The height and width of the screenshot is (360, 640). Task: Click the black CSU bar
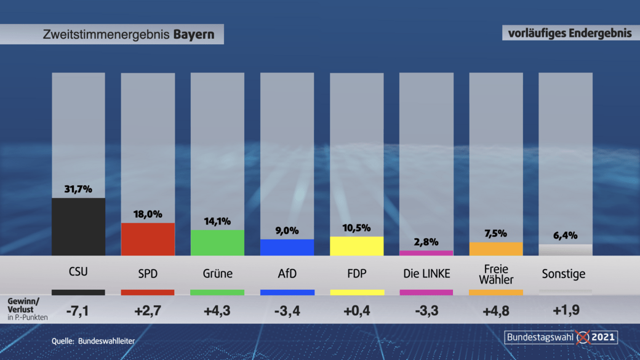coord(78,226)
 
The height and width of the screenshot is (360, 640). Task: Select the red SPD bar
coord(148,239)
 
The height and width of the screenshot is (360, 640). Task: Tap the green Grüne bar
coord(217,242)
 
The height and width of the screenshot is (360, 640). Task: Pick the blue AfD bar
coord(287,247)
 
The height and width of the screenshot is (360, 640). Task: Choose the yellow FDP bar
coord(356,246)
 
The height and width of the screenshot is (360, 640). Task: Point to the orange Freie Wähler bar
coord(495,249)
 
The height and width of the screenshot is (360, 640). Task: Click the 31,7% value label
coord(78,189)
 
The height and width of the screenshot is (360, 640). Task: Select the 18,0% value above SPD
coord(148,214)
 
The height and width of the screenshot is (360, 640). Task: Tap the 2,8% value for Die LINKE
coord(426,242)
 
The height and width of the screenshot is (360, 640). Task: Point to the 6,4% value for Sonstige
coord(565,235)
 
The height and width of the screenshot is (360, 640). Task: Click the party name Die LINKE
coord(426,273)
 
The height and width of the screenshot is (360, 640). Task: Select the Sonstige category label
coord(564,274)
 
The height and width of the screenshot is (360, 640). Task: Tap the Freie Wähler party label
coord(495,274)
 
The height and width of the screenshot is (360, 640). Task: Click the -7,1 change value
coord(78,310)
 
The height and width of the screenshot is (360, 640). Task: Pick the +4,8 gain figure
coord(495,310)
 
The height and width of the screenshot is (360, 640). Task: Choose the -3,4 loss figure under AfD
coord(287,310)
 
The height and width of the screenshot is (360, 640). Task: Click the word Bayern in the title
coord(194,34)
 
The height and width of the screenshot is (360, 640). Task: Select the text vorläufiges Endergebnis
coord(570,33)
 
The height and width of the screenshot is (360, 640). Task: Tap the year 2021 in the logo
coord(603,337)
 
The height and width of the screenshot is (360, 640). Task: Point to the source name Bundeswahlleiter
coord(106,340)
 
